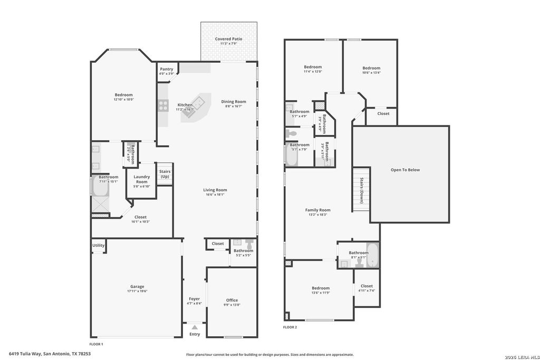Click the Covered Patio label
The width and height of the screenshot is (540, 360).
click(229, 39)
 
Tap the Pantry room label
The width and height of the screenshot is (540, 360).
click(167, 69)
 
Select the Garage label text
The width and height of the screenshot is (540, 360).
click(137, 287)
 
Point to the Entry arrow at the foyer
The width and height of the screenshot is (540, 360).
click(195, 327)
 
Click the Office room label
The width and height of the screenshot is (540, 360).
click(232, 300)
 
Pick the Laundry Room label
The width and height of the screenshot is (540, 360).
click(142, 179)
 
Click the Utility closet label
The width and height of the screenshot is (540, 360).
click(99, 245)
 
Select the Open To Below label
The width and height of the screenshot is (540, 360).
click(405, 170)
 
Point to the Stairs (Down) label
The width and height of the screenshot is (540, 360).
click(361, 189)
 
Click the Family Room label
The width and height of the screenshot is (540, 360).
click(317, 210)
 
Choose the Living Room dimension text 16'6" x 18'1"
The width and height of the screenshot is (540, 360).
click(215, 194)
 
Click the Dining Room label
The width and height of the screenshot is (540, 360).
click(234, 102)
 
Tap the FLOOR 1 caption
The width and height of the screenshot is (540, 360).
click(96, 343)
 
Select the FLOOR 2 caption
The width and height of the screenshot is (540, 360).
click(290, 327)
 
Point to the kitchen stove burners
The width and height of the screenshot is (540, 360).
click(163, 105)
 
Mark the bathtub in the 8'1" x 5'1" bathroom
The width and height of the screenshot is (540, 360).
click(372, 255)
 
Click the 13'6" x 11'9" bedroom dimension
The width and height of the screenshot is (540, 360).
click(321, 293)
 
